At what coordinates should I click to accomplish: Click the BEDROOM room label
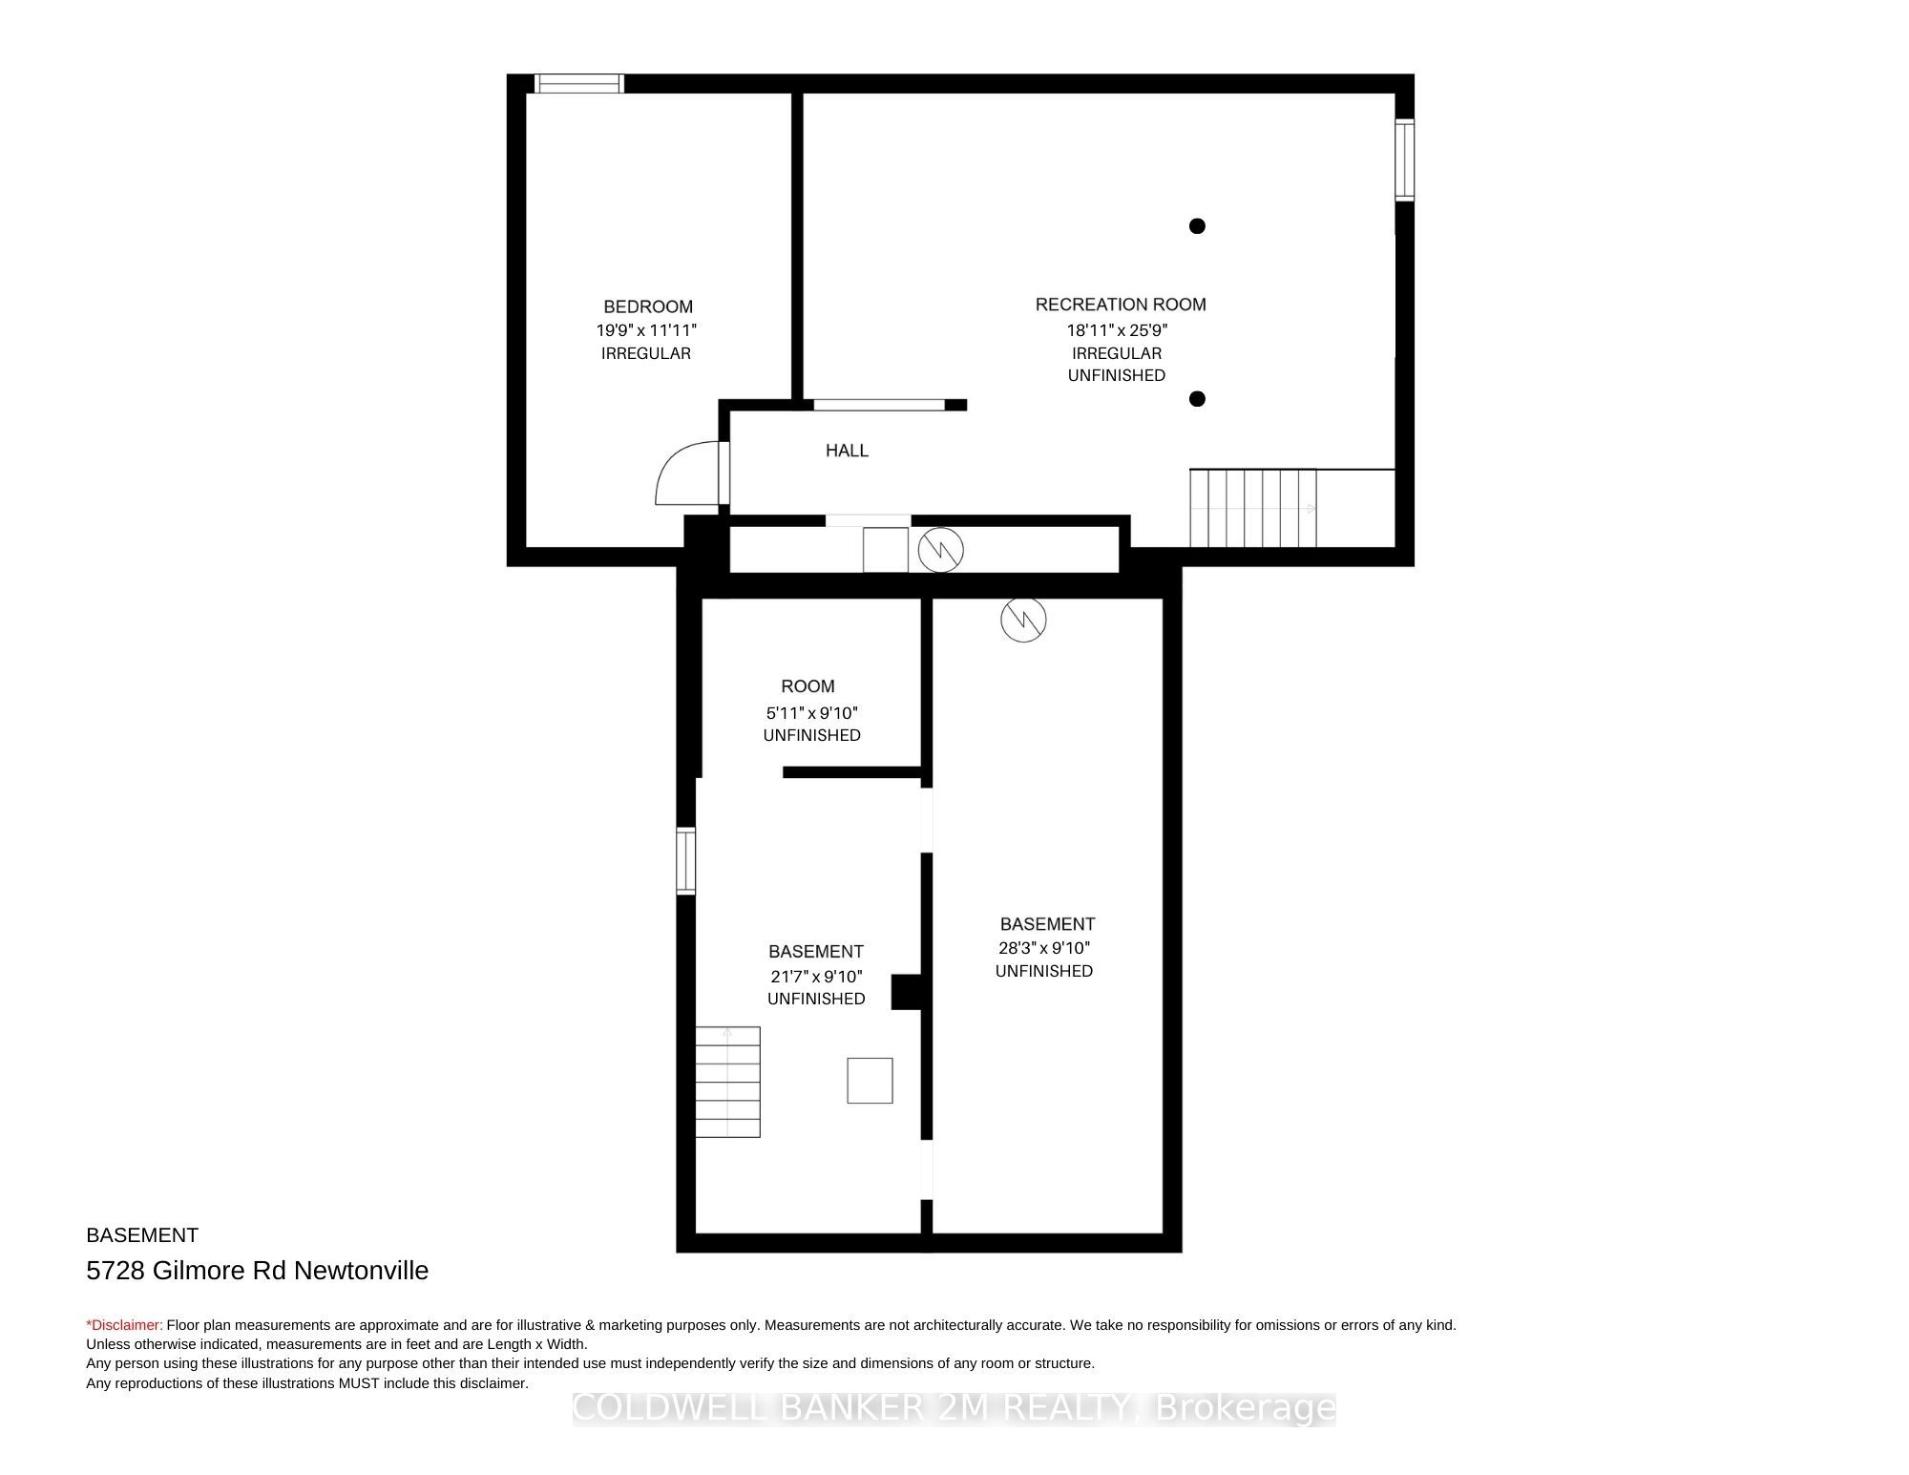[648, 306]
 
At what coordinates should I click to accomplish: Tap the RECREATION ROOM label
[1121, 305]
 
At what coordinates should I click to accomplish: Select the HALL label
[847, 451]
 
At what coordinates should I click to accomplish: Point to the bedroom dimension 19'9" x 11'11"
[647, 330]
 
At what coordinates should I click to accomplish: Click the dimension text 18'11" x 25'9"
[1117, 330]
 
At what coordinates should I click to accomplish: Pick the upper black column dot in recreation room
[1197, 226]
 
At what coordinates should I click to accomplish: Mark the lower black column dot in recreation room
[1197, 399]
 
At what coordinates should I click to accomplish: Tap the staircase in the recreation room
[1253, 508]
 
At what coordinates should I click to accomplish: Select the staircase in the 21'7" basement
[727, 1082]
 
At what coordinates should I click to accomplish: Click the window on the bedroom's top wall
[578, 84]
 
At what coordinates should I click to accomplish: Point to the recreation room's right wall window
[1404, 159]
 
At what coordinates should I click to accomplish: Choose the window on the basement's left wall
[685, 860]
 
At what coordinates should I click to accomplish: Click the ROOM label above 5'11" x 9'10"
[808, 686]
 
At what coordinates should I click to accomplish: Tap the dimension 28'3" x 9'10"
[1044, 948]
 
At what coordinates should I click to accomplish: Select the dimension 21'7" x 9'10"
[816, 977]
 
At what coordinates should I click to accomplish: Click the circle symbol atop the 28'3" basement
[1023, 620]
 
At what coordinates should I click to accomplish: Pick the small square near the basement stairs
[870, 1081]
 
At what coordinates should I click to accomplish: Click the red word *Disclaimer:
[125, 1325]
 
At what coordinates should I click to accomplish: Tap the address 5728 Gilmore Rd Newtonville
[258, 1271]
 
